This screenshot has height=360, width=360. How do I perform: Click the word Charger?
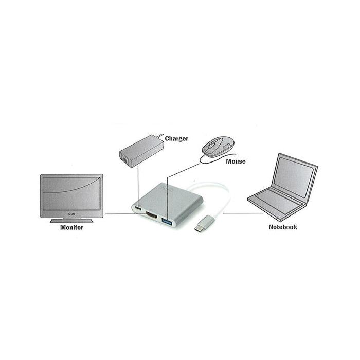coord(176,139)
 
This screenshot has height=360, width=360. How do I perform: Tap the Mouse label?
coord(236,161)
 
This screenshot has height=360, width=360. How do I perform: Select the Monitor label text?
coord(71,227)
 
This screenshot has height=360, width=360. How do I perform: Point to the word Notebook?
coord(283,227)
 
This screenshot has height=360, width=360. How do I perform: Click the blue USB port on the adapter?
coord(167,222)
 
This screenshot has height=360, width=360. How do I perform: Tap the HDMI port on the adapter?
coord(152,215)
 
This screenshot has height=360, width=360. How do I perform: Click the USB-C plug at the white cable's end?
coord(204,223)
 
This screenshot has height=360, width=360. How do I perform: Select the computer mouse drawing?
coord(218,147)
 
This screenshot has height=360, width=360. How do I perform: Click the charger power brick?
coord(141,151)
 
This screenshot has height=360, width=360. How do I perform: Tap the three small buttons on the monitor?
coord(71,214)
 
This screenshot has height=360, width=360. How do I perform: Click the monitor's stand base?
coord(71,221)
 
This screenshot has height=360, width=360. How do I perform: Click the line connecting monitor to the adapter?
coord(125,214)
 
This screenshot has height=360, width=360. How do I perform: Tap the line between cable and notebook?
coord(243,213)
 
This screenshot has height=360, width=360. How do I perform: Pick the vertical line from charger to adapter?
coord(138,186)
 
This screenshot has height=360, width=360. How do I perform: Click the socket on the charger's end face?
coord(124,159)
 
